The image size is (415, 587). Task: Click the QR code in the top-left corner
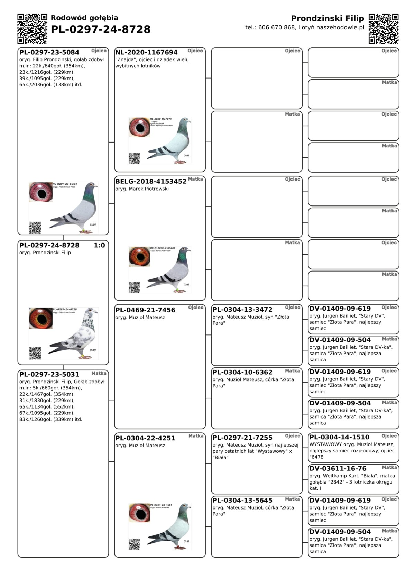(32, 29)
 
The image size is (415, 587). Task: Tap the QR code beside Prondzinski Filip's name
(384, 29)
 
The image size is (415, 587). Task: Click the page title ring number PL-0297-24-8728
(101, 29)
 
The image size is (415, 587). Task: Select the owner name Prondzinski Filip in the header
(327, 18)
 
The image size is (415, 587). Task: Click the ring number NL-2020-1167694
(146, 52)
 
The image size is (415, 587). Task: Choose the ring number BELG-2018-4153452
(151, 181)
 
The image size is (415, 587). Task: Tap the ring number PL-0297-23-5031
(49, 374)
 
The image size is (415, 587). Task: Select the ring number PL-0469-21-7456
(145, 310)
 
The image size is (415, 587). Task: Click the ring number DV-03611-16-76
(338, 468)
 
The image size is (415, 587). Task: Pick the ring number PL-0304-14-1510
(339, 437)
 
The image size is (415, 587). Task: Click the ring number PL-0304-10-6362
(242, 372)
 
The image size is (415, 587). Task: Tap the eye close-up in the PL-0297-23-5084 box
(41, 192)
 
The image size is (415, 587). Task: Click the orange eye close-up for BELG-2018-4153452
(139, 256)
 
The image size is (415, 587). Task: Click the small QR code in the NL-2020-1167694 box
(134, 158)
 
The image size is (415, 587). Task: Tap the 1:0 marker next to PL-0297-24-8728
(99, 245)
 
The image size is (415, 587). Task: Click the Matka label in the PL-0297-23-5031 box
(99, 373)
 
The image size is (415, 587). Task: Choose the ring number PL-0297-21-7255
(242, 438)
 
